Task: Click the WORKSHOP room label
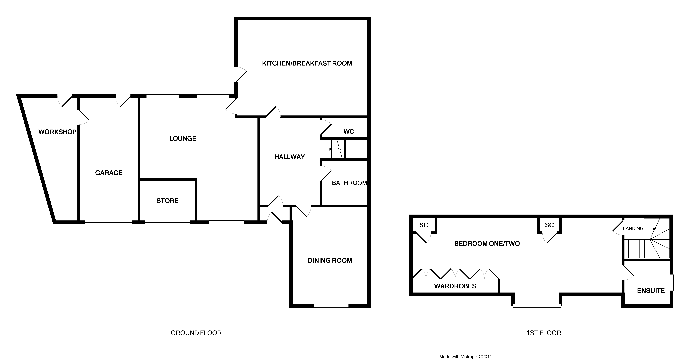tap(57, 132)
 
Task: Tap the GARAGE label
tap(109, 173)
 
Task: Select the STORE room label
tap(167, 201)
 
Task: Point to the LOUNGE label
tap(183, 138)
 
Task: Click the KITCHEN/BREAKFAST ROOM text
tap(307, 63)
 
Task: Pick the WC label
tap(349, 132)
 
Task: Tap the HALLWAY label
tap(290, 157)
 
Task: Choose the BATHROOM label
tap(349, 183)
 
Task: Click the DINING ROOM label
tap(330, 260)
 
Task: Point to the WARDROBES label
tap(455, 286)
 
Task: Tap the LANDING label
tap(633, 229)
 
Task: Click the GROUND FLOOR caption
tap(196, 333)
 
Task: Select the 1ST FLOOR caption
tap(544, 333)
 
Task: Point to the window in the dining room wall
tap(331, 306)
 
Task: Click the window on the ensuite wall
tap(672, 283)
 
